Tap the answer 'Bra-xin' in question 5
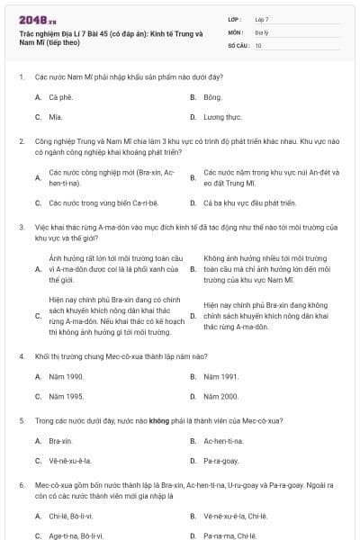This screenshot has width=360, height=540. (x=60, y=441)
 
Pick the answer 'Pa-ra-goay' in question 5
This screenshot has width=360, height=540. (x=221, y=461)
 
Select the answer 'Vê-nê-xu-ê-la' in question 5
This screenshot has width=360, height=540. (x=70, y=461)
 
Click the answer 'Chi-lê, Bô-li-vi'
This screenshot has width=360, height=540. (x=71, y=516)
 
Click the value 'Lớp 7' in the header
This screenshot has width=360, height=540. (x=262, y=19)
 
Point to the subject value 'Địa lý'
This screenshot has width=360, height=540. (x=261, y=31)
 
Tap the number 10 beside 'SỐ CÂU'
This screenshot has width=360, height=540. (x=258, y=44)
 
